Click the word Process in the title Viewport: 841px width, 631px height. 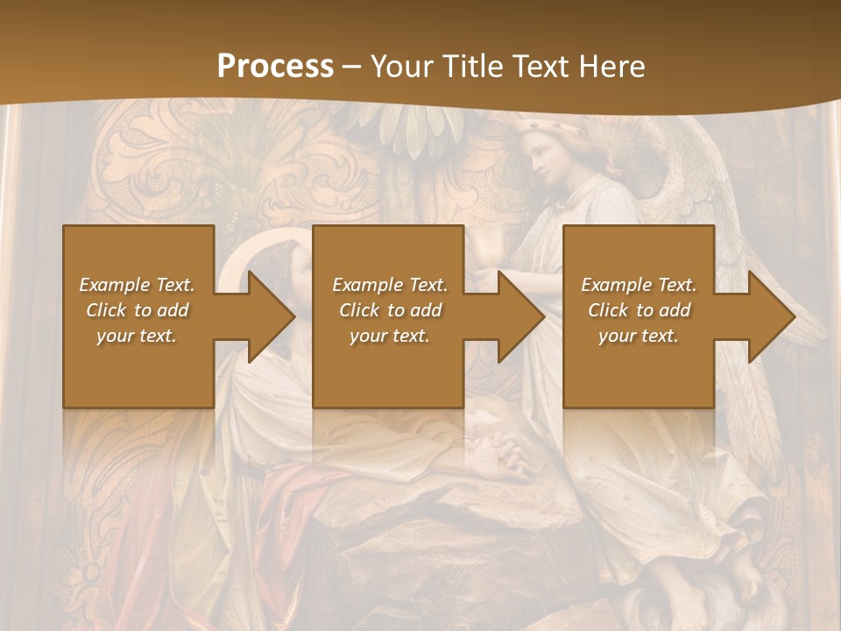275,67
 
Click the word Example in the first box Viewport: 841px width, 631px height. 114,285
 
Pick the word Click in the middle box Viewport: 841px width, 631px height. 357,310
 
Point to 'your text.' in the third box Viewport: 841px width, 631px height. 638,336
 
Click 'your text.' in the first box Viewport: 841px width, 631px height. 136,336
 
